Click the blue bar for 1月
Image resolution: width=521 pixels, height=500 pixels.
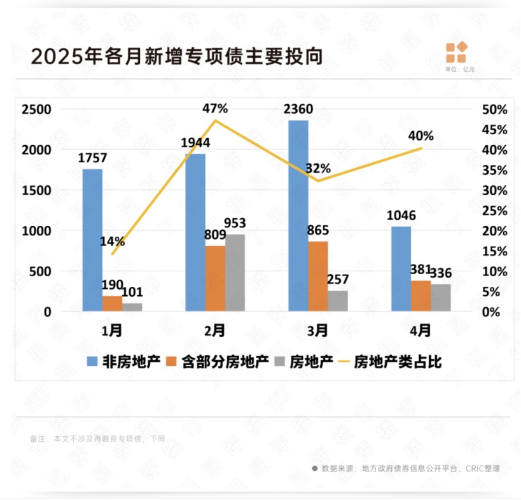tap(92, 240)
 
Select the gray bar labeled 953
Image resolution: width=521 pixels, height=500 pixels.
tap(235, 272)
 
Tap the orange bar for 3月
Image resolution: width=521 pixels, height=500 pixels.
tap(319, 276)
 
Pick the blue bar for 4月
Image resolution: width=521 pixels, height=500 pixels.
tap(401, 268)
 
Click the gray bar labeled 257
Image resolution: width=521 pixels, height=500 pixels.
tap(338, 301)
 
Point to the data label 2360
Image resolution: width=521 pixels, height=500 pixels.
tap(298, 109)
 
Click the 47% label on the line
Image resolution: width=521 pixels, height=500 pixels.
tap(215, 108)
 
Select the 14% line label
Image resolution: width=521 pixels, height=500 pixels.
tap(112, 242)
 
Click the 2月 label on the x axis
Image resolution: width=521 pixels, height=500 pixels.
tap(215, 331)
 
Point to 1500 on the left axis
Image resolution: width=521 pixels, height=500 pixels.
tap(36, 190)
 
